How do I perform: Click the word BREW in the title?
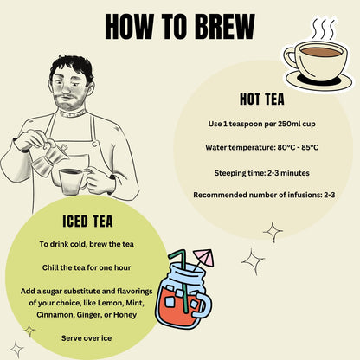point(225,27)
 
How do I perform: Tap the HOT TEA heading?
point(262,99)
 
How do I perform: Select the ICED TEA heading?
point(87,222)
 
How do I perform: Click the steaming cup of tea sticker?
point(318,63)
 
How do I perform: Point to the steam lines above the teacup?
point(325,29)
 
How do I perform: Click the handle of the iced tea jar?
point(203,305)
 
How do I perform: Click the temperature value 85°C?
point(310,147)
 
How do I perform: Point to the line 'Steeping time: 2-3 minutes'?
point(262,173)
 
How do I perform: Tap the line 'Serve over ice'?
point(87,338)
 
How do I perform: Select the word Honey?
point(125,315)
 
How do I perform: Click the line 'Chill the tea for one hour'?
point(87,267)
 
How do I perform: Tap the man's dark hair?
point(71,67)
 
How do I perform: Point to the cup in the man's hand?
point(72,181)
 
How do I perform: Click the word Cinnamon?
point(55,315)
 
